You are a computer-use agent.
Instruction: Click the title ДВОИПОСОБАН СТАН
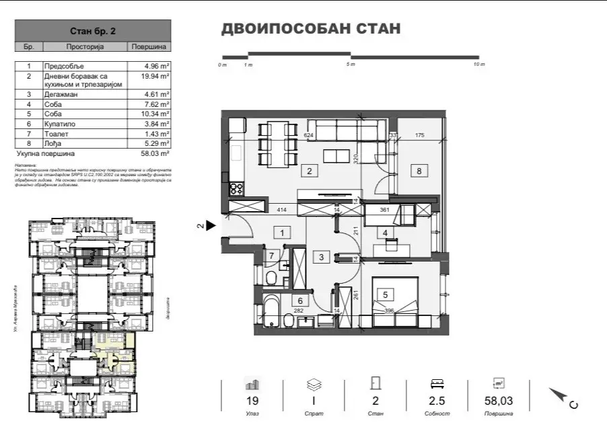[x=310, y=29]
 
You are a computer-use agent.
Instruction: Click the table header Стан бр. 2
[x=93, y=31]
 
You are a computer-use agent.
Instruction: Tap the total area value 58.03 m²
[x=156, y=153]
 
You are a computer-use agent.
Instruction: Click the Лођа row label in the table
[x=53, y=143]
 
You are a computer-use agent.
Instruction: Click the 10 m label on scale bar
[x=478, y=65]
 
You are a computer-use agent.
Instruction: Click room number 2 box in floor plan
[x=309, y=171]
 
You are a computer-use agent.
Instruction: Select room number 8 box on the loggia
[x=419, y=171]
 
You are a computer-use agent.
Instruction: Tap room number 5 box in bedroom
[x=385, y=293]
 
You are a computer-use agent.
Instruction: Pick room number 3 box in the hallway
[x=322, y=256]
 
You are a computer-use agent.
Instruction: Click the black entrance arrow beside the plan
[x=210, y=227]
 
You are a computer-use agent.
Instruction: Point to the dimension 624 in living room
[x=290, y=136]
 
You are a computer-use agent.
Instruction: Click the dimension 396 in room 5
[x=388, y=311]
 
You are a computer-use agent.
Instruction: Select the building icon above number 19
[x=252, y=384]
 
